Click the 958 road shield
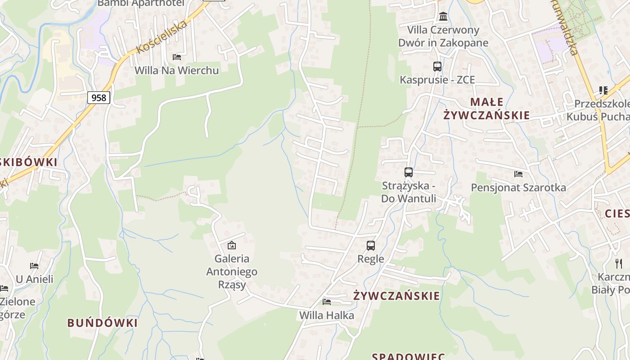pyautogui.click(x=99, y=97)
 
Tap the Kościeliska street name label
pyautogui.click(x=161, y=37)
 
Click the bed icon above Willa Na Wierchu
pyautogui.click(x=177, y=57)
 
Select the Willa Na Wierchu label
pyautogui.click(x=177, y=70)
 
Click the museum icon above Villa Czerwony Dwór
pyautogui.click(x=443, y=17)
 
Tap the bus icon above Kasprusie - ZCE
pyautogui.click(x=437, y=67)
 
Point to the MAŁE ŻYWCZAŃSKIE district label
pyautogui.click(x=486, y=108)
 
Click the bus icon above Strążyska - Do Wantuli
pyautogui.click(x=408, y=172)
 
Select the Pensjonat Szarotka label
pyautogui.click(x=518, y=187)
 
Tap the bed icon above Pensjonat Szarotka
pyautogui.click(x=518, y=174)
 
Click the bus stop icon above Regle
pyautogui.click(x=370, y=245)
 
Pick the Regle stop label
pyautogui.click(x=371, y=259)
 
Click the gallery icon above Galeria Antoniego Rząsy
pyautogui.click(x=232, y=245)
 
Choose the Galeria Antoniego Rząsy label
pyautogui.click(x=232, y=271)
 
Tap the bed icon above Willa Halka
pyautogui.click(x=327, y=301)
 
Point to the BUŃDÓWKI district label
pyautogui.click(x=103, y=323)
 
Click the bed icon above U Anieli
pyautogui.click(x=34, y=265)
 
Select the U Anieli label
pyautogui.click(x=35, y=279)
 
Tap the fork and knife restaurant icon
pyautogui.click(x=619, y=263)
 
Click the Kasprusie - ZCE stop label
pyautogui.click(x=437, y=80)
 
